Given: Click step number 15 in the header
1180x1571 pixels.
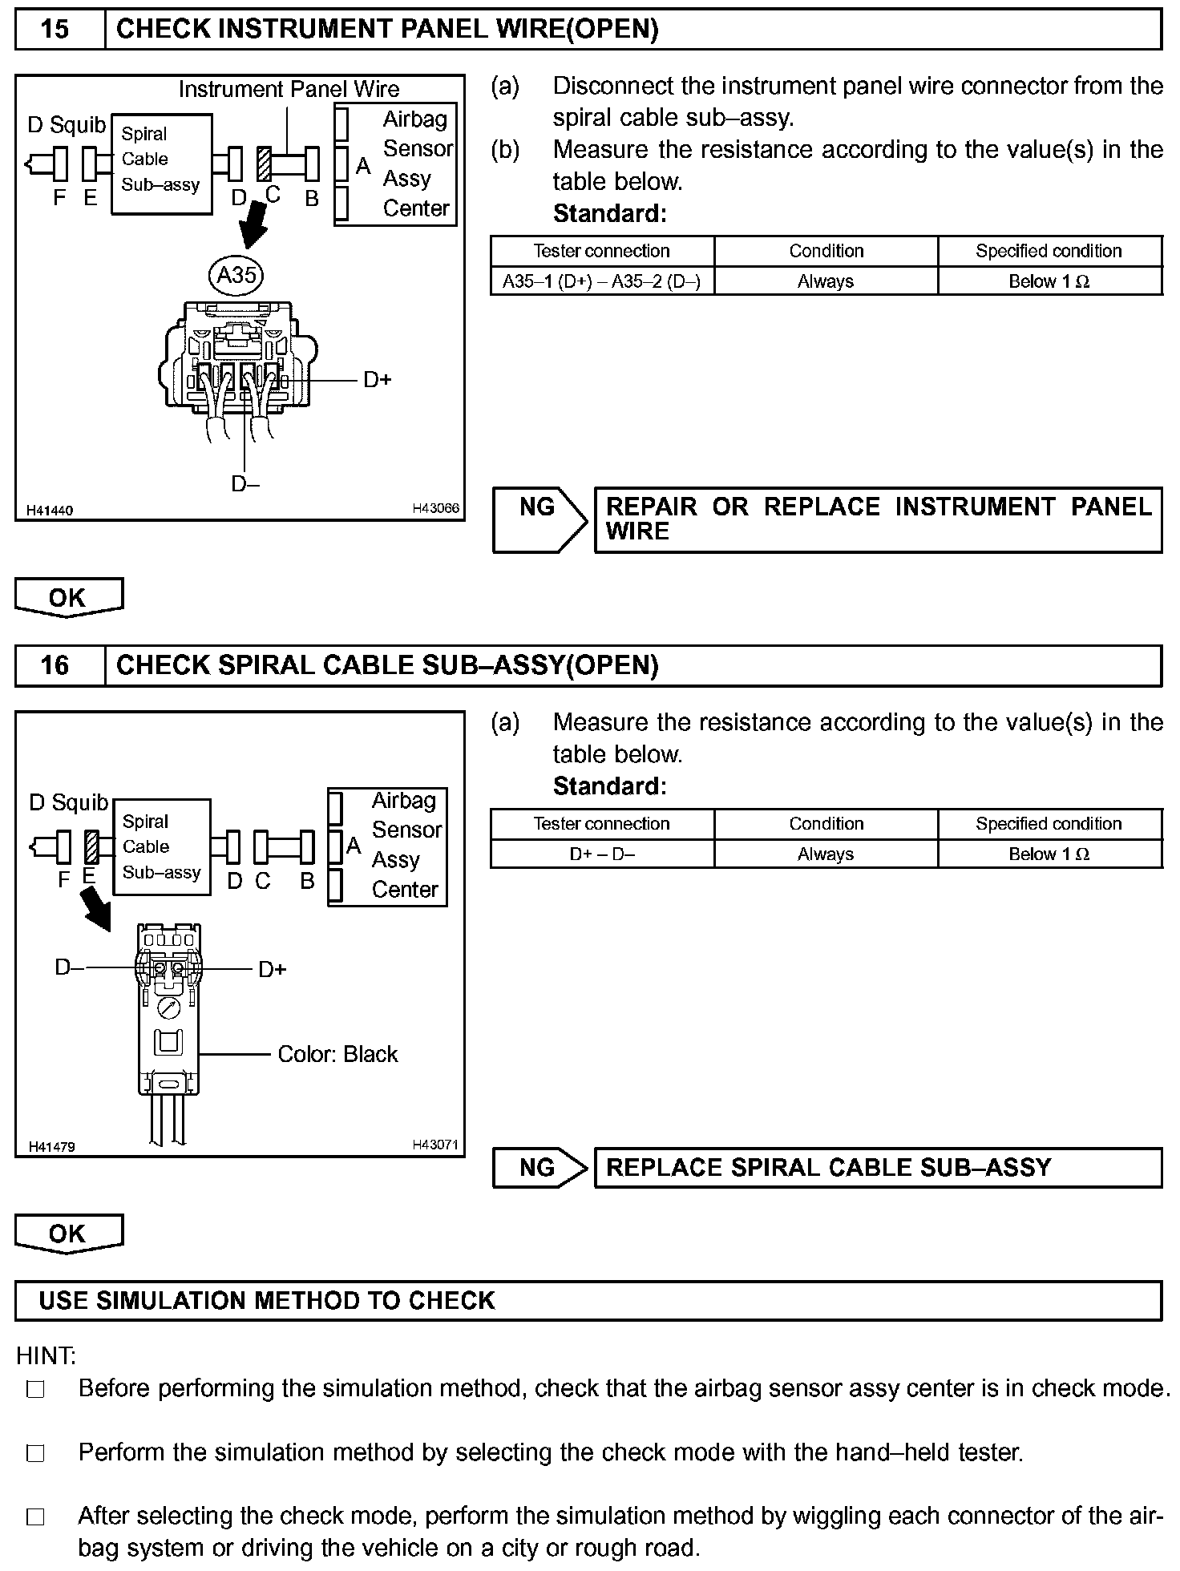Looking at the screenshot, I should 55,30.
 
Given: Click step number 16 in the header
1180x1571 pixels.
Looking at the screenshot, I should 55,665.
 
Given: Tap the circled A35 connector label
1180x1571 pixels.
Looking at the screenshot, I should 236,275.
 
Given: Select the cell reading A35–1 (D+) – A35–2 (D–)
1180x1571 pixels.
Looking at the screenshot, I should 601,281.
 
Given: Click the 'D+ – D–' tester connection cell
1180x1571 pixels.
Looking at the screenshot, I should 601,854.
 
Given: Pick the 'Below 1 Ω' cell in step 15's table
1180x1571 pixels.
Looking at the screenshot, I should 1049,281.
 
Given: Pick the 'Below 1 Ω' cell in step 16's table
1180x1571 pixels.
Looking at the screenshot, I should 1049,854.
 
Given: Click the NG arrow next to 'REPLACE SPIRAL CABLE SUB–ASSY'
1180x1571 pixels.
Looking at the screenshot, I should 539,1167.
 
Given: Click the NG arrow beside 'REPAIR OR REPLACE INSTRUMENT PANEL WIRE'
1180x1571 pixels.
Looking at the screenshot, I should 539,519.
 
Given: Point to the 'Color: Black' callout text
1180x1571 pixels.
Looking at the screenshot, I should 337,1054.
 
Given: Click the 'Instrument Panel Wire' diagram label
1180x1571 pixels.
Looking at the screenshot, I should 289,89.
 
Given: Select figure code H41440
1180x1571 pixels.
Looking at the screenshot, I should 50,511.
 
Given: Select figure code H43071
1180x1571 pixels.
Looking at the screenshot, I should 435,1145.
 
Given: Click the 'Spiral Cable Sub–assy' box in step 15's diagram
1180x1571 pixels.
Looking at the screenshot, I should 161,164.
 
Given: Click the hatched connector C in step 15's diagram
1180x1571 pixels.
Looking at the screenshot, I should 265,165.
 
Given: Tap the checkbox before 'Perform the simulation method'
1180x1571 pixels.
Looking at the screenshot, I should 35,1453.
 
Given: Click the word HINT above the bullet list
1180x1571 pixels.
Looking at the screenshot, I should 46,1356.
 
